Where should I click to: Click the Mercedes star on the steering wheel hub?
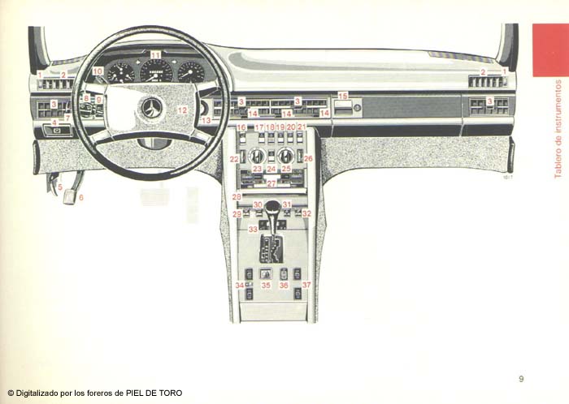coord(152,107)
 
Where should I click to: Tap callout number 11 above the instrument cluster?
coord(155,54)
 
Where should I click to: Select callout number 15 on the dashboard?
coord(342,96)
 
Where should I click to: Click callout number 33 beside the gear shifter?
coord(253,230)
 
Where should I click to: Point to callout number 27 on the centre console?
coord(271,183)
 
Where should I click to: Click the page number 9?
coord(521,377)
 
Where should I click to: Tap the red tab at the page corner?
coord(550,49)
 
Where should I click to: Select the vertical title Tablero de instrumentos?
coord(557,128)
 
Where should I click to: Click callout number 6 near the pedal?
coord(80,197)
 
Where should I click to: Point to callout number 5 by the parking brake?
coord(59,187)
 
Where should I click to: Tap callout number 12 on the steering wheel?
coord(182,110)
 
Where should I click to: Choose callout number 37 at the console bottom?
coord(306,286)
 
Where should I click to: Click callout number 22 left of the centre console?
coord(233,159)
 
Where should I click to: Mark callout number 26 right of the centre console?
coord(308,159)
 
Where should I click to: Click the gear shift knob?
coord(272,207)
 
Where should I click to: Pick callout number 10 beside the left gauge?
coord(98,71)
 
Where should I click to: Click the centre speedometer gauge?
coord(156,72)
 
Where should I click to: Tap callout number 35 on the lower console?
coord(266,286)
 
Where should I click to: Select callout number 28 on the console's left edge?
coord(236,197)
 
